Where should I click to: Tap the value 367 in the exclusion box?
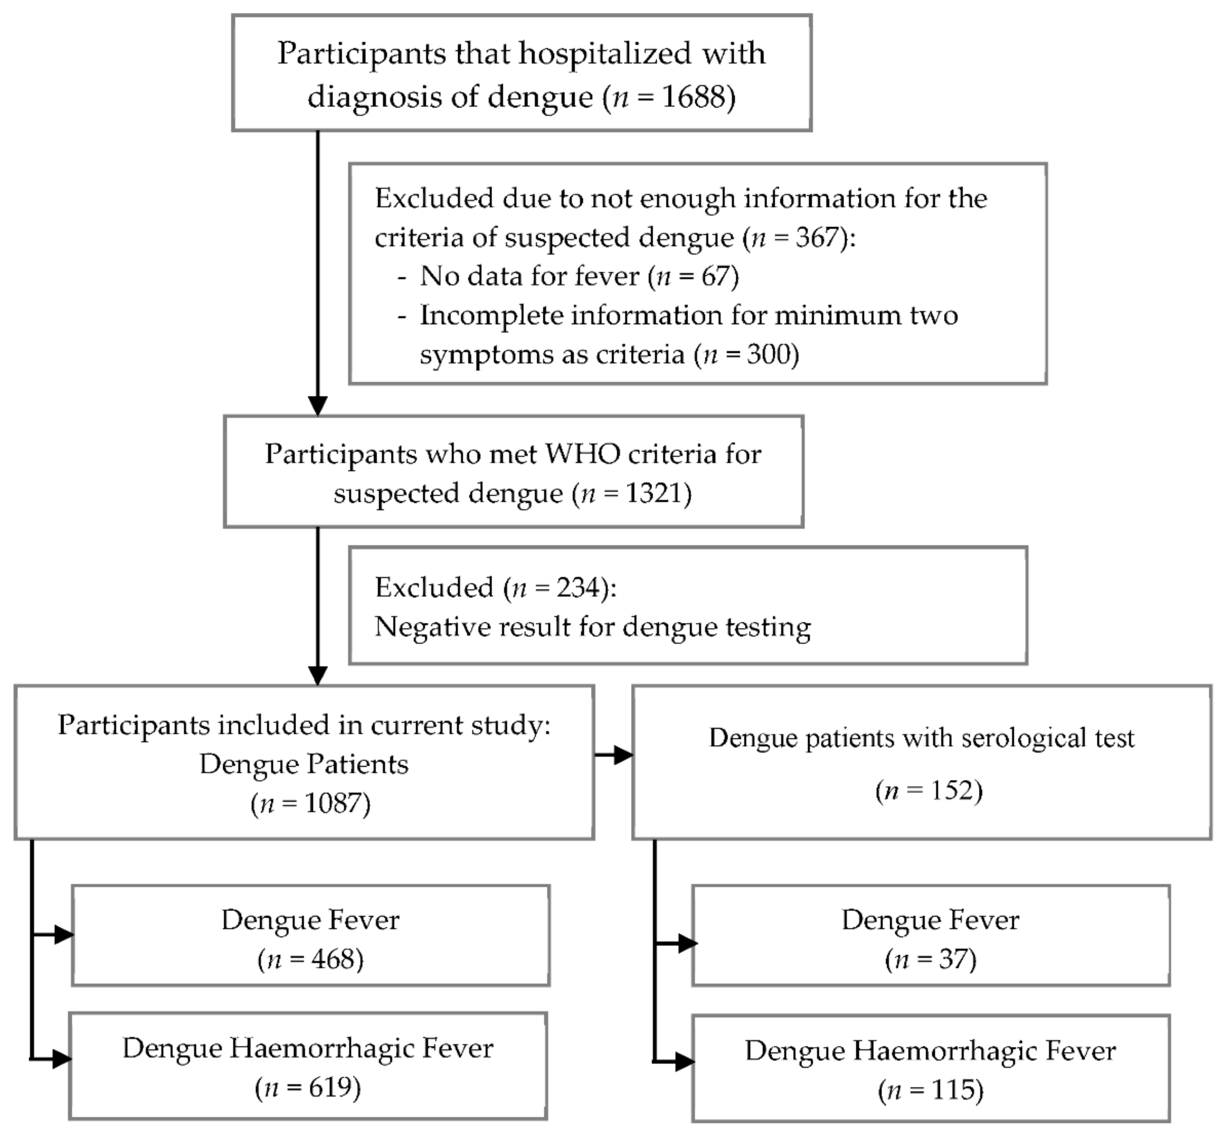[x=816, y=237]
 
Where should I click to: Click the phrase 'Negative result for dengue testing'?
[x=592, y=627]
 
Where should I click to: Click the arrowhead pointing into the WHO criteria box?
[x=317, y=405]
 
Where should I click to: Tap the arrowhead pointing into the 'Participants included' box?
[x=317, y=675]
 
